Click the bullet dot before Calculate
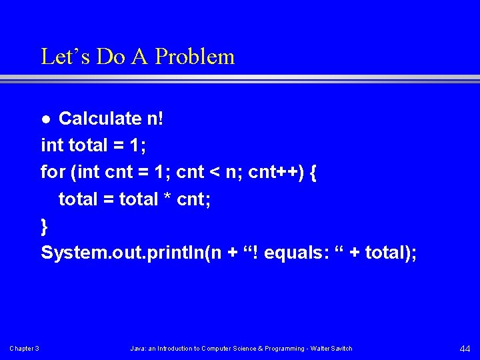tap(45, 120)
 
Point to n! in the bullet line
tap(153, 119)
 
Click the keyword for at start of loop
tap(53, 172)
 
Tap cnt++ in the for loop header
tap(275, 172)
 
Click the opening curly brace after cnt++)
tap(313, 173)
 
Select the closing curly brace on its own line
tap(45, 227)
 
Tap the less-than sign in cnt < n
tap(214, 173)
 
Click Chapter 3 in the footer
tap(24, 349)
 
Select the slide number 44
tap(465, 348)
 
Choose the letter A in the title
tap(139, 57)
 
